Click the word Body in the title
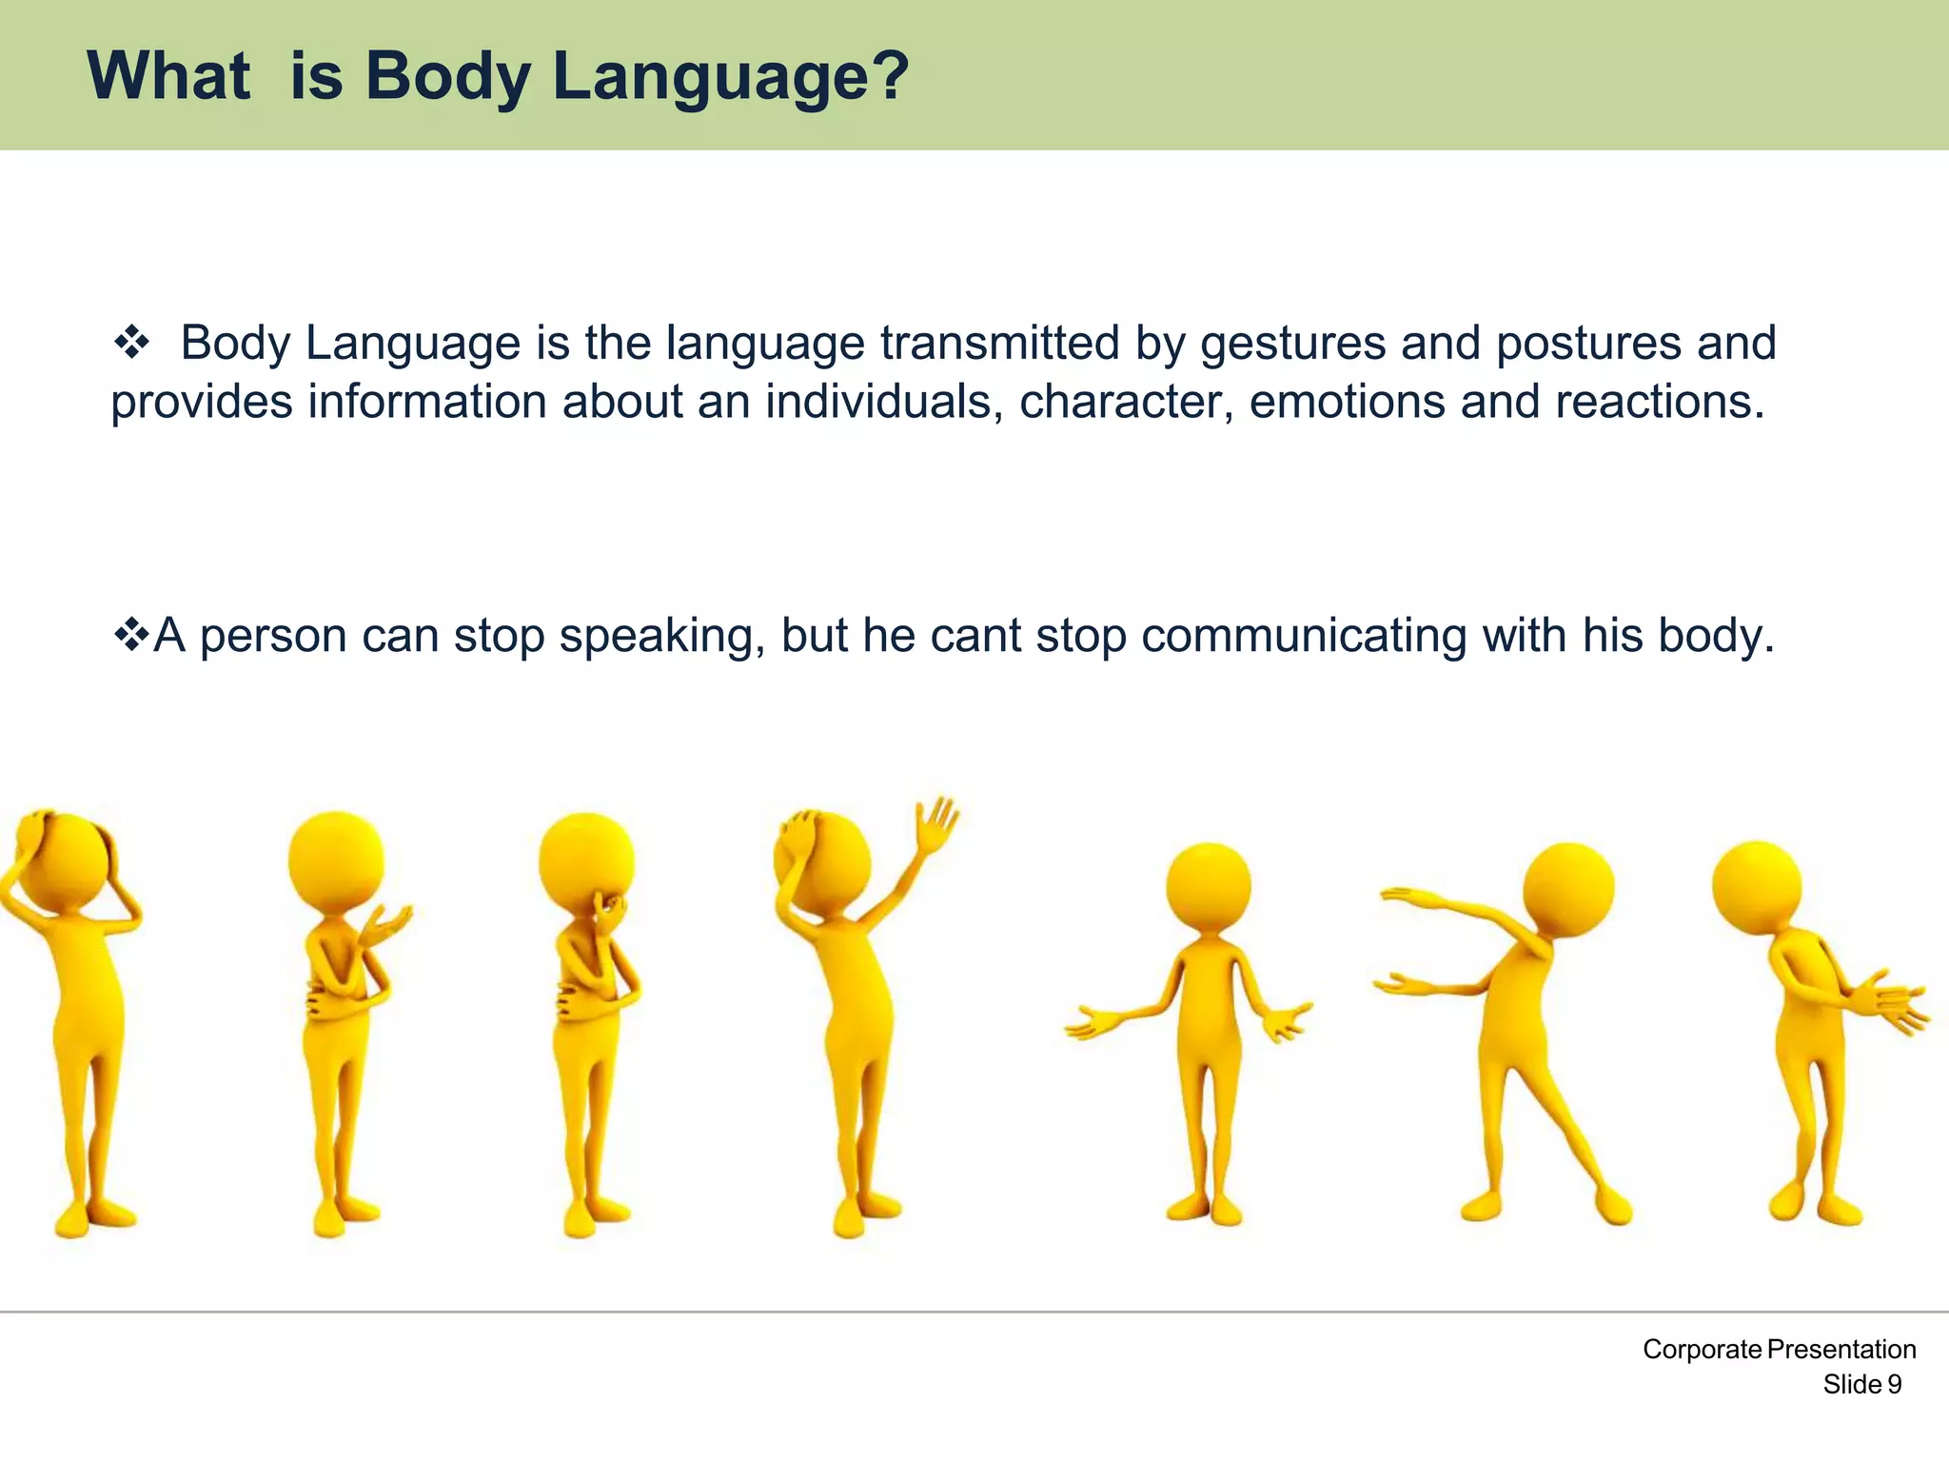point(447,76)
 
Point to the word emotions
point(1347,401)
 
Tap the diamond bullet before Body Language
point(131,342)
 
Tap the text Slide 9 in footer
point(1861,1385)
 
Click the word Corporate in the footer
point(1702,1350)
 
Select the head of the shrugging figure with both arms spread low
point(1208,887)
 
